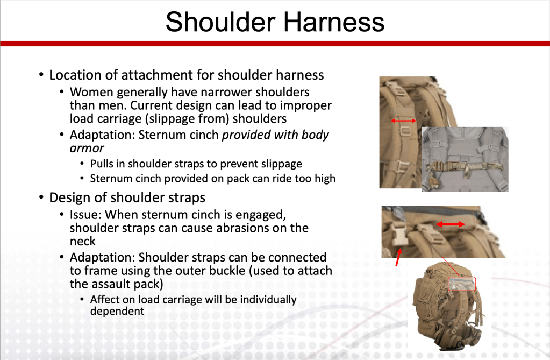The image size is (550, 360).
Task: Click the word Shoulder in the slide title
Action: tap(220, 22)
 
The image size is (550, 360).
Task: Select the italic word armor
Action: tap(87, 149)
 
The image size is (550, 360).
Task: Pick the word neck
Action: tap(82, 241)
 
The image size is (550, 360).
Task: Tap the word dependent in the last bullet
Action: tap(117, 312)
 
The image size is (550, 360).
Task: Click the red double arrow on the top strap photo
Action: tap(403, 121)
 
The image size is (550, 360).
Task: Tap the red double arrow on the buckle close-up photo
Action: tap(451, 224)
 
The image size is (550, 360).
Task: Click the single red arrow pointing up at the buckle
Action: tap(398, 257)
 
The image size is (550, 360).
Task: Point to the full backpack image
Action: tap(447, 306)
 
